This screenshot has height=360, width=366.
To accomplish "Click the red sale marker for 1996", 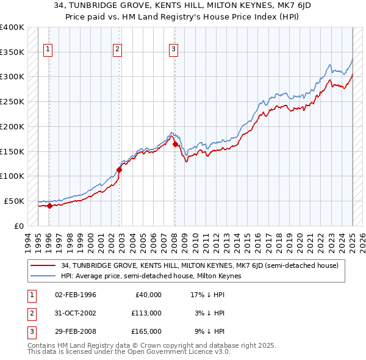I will coord(49,206).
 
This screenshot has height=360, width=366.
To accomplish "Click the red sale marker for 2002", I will coord(119,170).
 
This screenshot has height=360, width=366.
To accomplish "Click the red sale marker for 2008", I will coord(174,144).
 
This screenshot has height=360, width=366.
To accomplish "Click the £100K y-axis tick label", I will coord(12,176).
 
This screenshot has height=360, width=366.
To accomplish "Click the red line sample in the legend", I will coord(44,265).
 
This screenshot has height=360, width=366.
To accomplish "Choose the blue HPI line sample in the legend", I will coord(44,276).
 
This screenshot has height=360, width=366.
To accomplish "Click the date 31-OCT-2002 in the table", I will coord(76,313).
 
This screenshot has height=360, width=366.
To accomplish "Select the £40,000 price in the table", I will coord(147,295).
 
